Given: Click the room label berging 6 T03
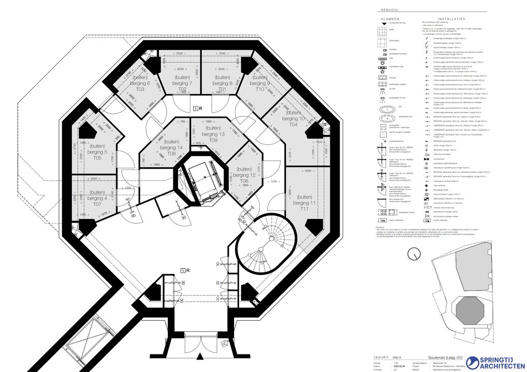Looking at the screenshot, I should tap(141, 83).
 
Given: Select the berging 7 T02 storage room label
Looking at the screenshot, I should tap(182, 83).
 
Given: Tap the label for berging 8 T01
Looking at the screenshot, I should tap(223, 83).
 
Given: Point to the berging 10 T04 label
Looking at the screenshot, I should tap(294, 118).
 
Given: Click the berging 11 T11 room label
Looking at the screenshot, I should tap(304, 203).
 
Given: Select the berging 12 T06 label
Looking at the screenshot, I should tap(244, 175).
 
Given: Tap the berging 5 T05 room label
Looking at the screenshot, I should tap(97, 152).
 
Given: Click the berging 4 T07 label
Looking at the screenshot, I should tap(97, 198).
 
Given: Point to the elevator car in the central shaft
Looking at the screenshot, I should tap(202, 176).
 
